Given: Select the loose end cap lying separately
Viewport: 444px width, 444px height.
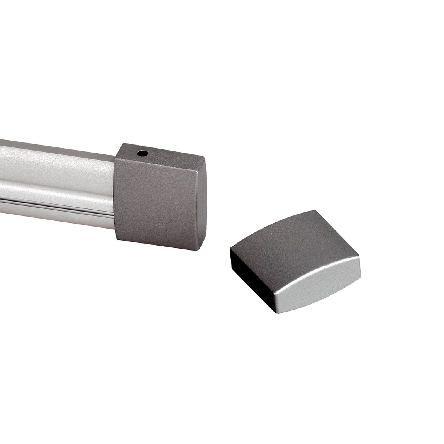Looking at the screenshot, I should (295, 255).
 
